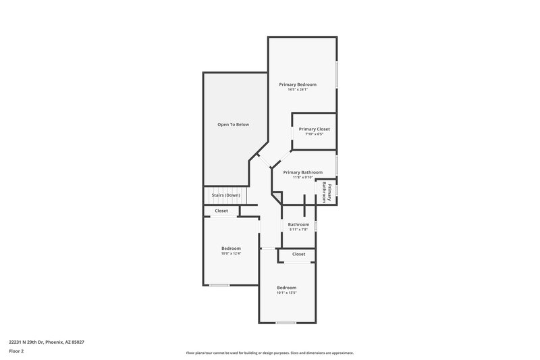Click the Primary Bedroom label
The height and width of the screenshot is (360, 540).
(x=298, y=84)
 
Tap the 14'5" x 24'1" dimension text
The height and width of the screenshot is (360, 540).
(x=298, y=90)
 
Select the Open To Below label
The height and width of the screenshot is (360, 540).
(x=233, y=124)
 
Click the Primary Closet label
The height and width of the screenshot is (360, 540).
(x=314, y=129)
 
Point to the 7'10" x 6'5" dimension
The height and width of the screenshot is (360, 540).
(x=314, y=134)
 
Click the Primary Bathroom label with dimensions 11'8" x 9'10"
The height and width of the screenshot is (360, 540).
(x=302, y=172)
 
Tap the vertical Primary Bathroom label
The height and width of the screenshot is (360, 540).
(x=326, y=192)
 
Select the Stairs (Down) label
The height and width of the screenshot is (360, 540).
(x=225, y=195)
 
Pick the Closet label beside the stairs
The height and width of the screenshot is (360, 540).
(x=221, y=211)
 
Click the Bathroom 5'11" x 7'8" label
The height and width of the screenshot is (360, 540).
(x=298, y=224)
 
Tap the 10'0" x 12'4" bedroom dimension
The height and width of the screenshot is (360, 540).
(x=231, y=253)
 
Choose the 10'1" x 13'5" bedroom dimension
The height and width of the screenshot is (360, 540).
(x=286, y=293)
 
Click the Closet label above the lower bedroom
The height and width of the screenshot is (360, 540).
(x=298, y=254)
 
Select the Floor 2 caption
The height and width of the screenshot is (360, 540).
(x=17, y=352)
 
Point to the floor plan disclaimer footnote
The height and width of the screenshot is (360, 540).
(x=269, y=353)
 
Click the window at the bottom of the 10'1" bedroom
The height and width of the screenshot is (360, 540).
(x=286, y=323)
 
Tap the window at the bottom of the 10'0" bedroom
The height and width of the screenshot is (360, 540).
(x=219, y=285)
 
